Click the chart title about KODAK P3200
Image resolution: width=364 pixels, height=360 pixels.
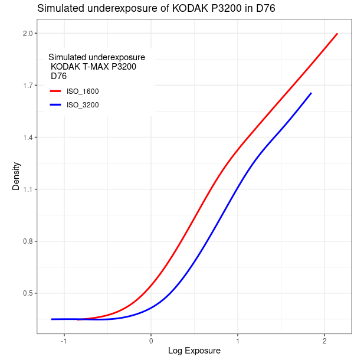(156, 8)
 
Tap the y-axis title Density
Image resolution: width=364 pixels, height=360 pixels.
(16, 176)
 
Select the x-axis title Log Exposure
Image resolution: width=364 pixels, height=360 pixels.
(194, 351)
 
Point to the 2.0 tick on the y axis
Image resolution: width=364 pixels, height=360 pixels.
(27, 34)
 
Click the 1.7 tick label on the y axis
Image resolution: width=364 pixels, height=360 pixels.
(27, 86)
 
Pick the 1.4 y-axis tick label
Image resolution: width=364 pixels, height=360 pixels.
(27, 138)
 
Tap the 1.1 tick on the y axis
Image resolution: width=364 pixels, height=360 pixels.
(27, 189)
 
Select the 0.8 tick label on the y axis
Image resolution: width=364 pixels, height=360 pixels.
(27, 241)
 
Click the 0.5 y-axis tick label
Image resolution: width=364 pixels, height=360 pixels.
(27, 293)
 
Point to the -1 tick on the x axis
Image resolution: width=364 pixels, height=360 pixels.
(63, 341)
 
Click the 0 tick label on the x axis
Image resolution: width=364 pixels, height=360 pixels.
(151, 341)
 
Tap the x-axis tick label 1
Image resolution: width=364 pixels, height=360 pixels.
(238, 341)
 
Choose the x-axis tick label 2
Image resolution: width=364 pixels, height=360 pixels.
(324, 341)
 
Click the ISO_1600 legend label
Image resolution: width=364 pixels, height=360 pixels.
(83, 91)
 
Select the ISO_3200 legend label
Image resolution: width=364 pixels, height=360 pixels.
(83, 105)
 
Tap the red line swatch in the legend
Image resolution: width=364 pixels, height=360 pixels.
(55, 91)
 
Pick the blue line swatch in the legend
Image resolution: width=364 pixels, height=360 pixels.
(55, 105)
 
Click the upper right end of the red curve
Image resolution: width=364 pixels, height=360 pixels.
(337, 34)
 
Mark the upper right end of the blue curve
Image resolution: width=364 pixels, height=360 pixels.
(311, 93)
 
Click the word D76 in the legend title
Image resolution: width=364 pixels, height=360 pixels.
(58, 76)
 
